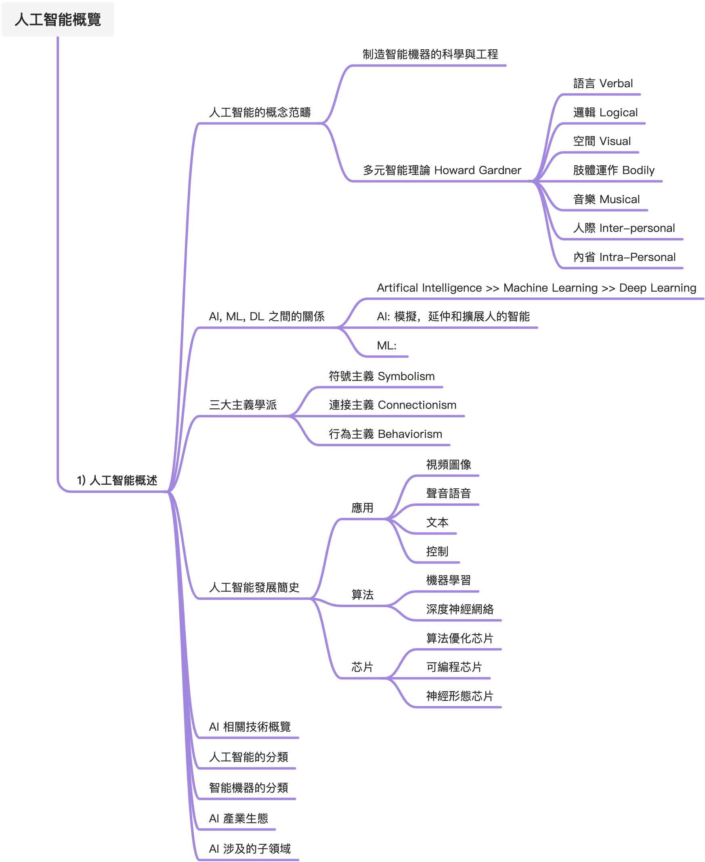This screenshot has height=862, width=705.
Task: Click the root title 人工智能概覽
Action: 58,19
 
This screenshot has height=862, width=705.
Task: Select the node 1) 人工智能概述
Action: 117,480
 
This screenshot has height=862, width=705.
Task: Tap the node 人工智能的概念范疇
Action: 260,112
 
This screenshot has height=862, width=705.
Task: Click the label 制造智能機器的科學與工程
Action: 430,54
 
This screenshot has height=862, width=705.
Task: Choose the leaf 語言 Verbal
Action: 603,83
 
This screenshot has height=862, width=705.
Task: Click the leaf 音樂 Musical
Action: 606,199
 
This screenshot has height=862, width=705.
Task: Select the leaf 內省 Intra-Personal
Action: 624,257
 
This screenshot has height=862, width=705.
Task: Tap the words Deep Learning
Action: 657,288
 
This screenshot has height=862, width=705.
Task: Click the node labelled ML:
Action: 386,345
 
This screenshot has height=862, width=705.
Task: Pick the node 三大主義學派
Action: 243,405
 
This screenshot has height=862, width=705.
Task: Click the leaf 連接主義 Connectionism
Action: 392,405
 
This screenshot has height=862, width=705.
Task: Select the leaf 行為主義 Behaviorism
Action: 385,434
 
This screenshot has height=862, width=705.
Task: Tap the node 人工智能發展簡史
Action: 254,587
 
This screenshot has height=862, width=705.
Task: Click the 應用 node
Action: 362,508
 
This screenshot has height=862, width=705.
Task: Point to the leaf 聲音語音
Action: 448,493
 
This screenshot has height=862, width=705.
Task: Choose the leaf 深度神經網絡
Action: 460,609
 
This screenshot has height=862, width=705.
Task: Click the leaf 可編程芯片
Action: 453,666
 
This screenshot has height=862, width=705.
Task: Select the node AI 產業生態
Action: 238,818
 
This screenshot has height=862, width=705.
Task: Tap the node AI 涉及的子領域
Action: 250,848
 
